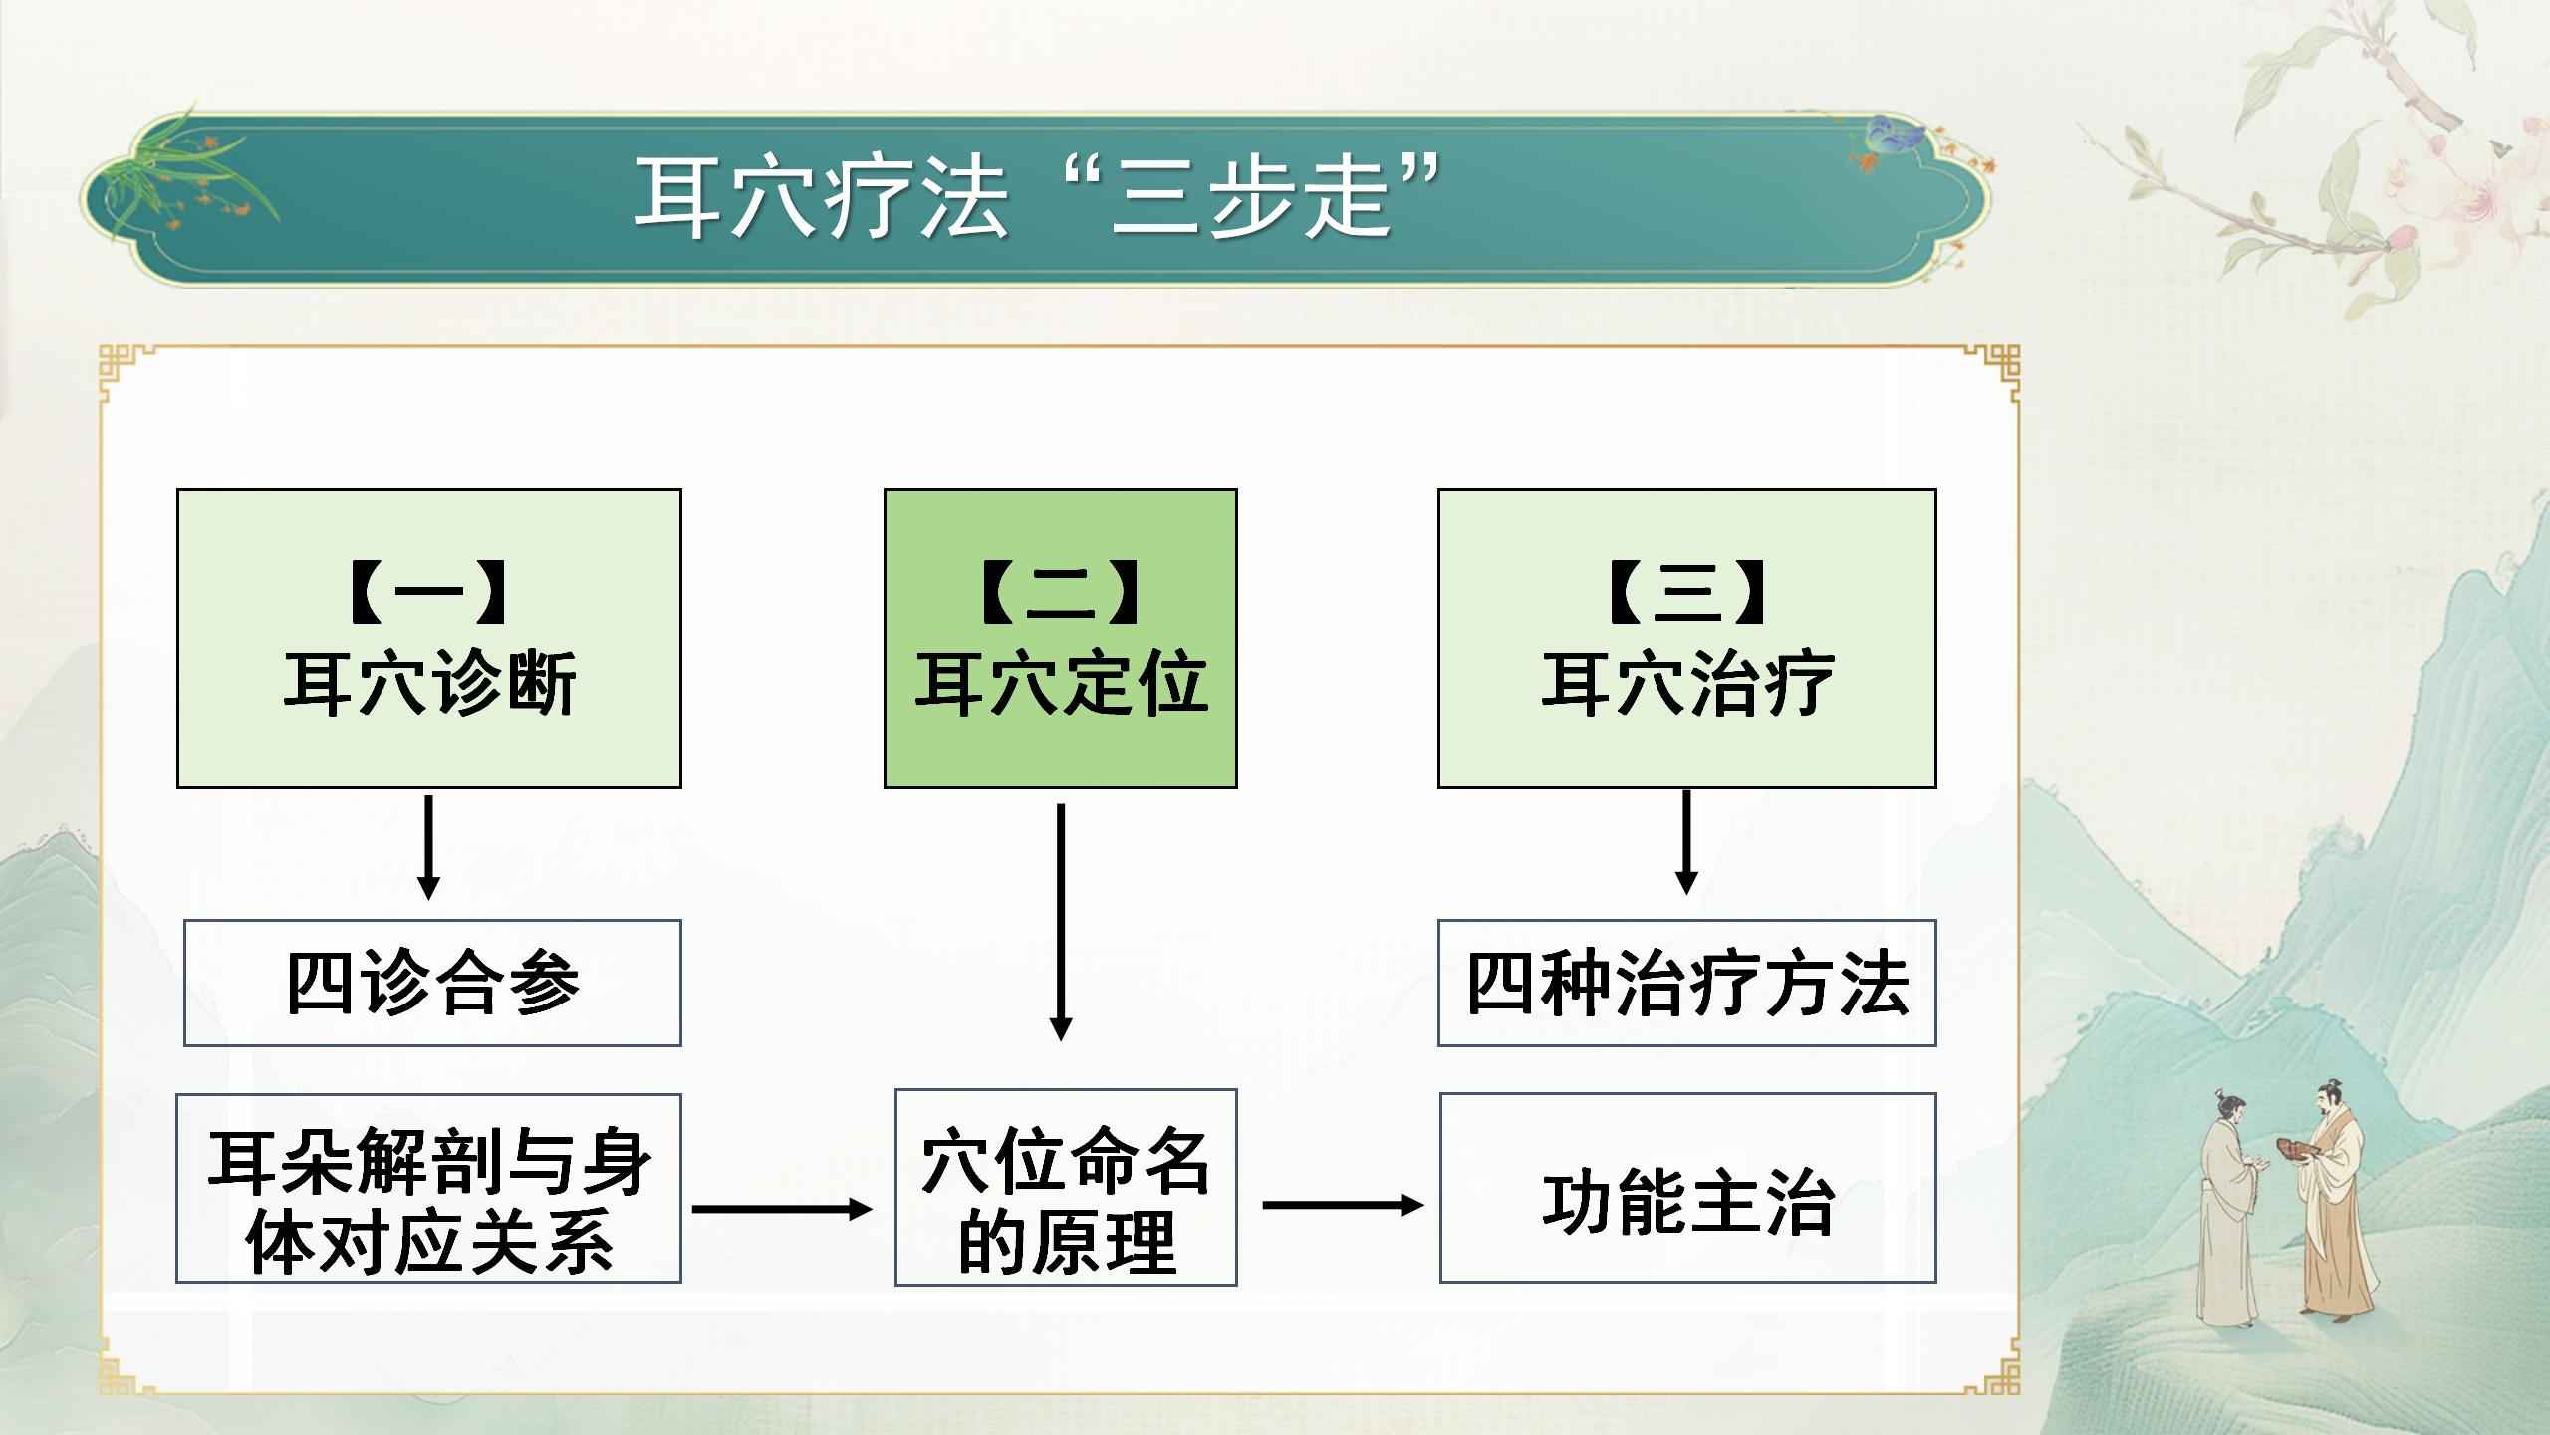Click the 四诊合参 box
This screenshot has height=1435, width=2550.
point(432,983)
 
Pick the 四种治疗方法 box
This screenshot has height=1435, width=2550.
point(1686,983)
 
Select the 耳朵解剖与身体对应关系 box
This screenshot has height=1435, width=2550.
point(429,1188)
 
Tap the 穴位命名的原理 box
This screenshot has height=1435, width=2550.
point(1066,1188)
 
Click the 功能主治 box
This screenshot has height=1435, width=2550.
point(1687,1188)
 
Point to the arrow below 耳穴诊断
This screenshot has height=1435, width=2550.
point(429,847)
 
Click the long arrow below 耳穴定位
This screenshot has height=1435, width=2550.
point(1061,922)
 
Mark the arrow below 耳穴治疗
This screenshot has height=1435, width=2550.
point(1686,842)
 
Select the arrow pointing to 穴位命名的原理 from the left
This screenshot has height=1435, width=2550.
point(782,1209)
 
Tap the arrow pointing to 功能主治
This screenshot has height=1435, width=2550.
point(1343,1205)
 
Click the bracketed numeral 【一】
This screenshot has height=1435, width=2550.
point(429,592)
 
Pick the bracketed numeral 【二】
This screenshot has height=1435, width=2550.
point(1061,592)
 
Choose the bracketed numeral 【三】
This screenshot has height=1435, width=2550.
point(1686,592)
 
